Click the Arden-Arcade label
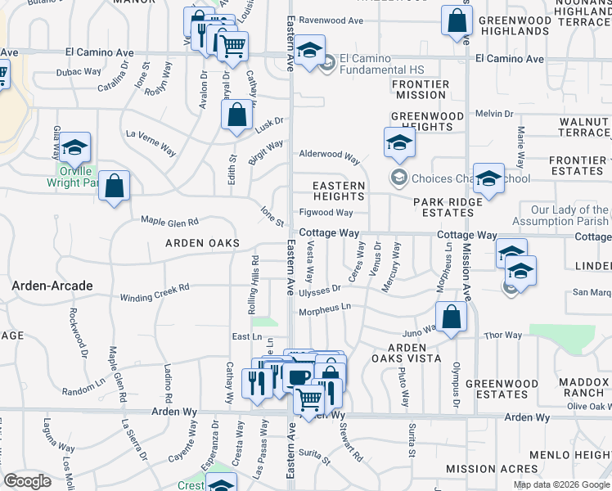pyautogui.click(x=51, y=285)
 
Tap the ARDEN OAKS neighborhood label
pyautogui.click(x=203, y=243)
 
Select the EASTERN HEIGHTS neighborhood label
pyautogui.click(x=340, y=191)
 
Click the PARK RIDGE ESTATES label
pyautogui.click(x=443, y=207)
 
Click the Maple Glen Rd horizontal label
pyautogui.click(x=169, y=222)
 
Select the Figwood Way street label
pyautogui.click(x=326, y=213)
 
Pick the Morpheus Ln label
pyautogui.click(x=325, y=308)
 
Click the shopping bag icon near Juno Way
pyautogui.click(x=451, y=318)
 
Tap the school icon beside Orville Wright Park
pyautogui.click(x=75, y=148)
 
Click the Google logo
pyautogui.click(x=28, y=481)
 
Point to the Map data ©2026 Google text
pyautogui.click(x=561, y=484)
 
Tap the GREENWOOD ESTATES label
pyautogui.click(x=502, y=389)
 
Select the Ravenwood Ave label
pyautogui.click(x=331, y=20)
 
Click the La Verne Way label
pyautogui.click(x=151, y=141)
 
